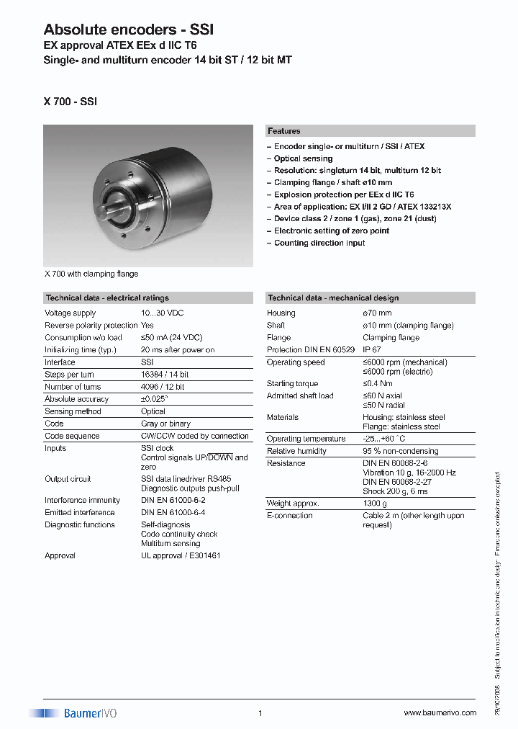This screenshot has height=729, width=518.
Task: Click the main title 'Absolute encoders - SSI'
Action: (128, 30)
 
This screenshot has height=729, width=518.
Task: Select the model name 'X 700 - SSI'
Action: (70, 102)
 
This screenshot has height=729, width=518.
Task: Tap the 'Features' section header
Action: (284, 131)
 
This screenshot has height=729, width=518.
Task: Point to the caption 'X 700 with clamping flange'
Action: (91, 274)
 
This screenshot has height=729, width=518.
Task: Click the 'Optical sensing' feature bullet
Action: (303, 158)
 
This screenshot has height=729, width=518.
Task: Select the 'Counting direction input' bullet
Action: (319, 243)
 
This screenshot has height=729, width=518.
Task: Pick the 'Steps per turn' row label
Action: (69, 375)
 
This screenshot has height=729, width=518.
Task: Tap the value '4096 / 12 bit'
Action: (163, 387)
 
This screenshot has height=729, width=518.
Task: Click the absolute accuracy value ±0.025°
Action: (155, 399)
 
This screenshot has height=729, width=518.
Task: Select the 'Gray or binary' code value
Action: (165, 424)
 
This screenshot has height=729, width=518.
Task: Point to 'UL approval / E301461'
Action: (181, 555)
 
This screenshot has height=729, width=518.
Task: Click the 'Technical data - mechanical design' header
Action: (333, 298)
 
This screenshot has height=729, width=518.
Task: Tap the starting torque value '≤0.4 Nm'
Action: (378, 384)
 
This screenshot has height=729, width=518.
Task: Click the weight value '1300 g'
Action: (375, 504)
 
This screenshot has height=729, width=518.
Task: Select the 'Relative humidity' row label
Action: (296, 451)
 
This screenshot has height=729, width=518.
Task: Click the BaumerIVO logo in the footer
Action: (73, 713)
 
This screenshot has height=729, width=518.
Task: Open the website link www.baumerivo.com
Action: (440, 713)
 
